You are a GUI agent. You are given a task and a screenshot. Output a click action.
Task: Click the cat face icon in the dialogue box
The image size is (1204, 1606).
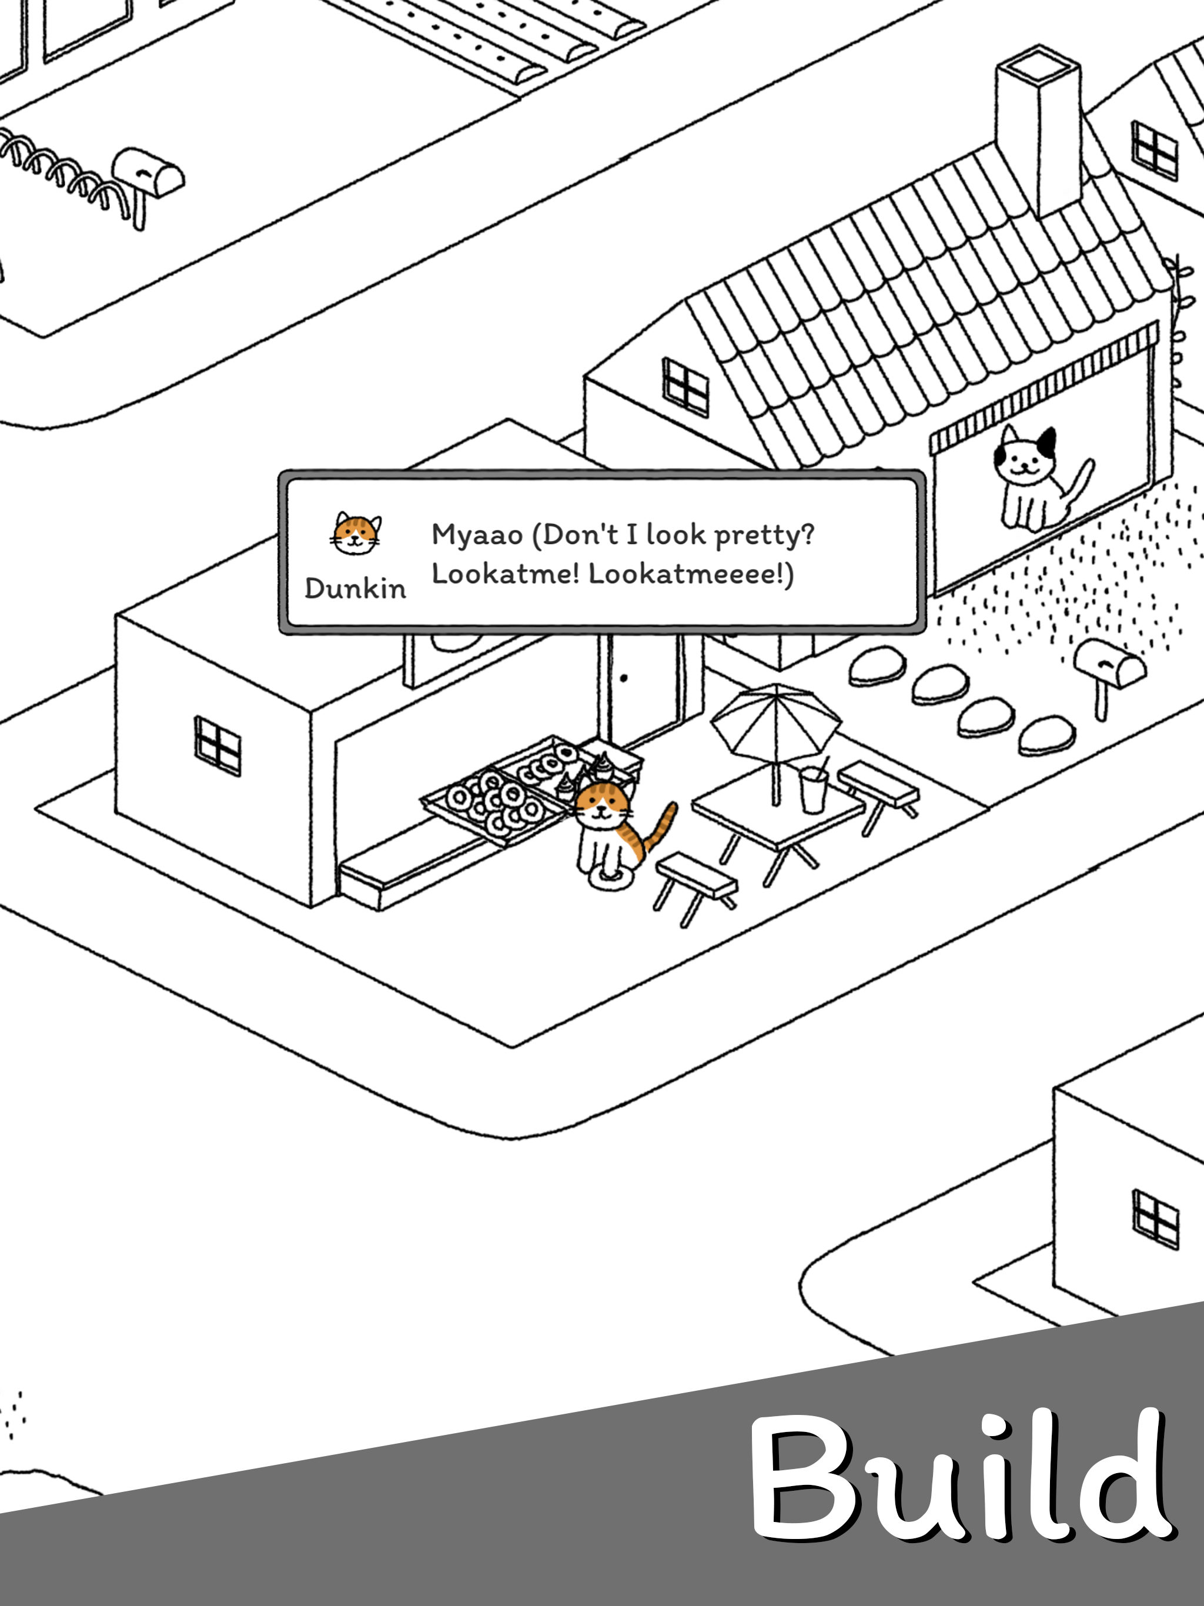coord(356,534)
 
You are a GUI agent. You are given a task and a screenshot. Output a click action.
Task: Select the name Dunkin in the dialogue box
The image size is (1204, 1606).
coord(355,588)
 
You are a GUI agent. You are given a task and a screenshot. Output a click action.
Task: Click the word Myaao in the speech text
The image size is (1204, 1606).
coord(477,535)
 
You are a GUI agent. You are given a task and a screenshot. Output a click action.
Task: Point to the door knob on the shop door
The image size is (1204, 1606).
coord(624,679)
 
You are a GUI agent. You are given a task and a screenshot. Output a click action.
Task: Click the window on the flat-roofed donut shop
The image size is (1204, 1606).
coord(217,745)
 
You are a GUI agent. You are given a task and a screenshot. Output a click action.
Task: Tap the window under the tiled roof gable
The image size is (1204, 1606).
coord(685,387)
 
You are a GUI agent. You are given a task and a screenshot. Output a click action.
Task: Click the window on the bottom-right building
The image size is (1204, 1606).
coord(1155,1219)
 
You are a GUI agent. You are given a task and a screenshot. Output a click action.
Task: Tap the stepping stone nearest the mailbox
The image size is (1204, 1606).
coord(1046,735)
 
